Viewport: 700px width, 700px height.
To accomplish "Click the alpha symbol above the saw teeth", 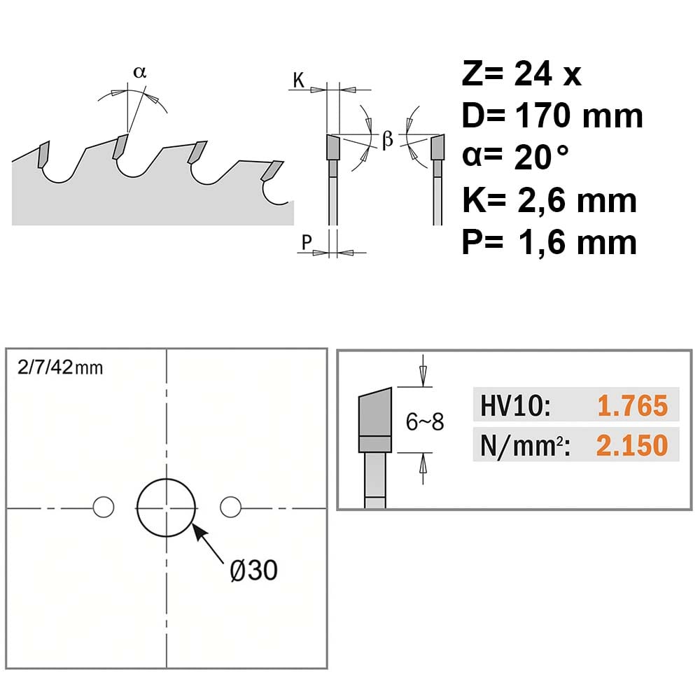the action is (x=140, y=72).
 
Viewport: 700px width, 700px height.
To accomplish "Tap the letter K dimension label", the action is (x=299, y=80).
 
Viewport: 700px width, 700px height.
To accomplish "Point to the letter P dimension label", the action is (x=307, y=242).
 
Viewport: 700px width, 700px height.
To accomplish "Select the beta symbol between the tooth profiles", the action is (x=388, y=139).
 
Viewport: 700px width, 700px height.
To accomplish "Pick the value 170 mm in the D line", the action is (x=579, y=115).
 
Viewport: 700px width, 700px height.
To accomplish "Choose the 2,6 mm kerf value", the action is (x=577, y=200).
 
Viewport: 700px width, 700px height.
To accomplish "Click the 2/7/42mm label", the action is (x=59, y=367).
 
